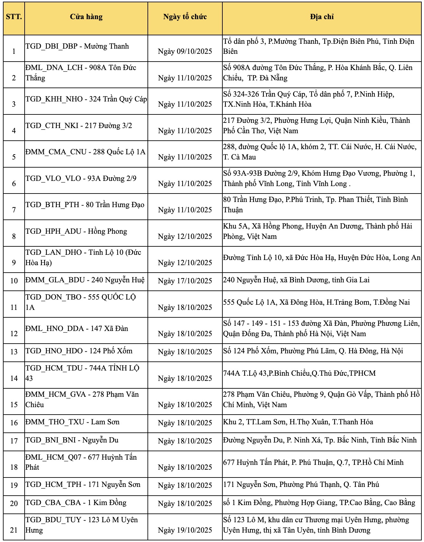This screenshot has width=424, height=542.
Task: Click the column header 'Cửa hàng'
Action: [86, 17]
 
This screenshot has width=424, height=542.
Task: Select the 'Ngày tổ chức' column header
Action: [185, 17]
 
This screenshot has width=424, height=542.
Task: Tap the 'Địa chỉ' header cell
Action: [322, 17]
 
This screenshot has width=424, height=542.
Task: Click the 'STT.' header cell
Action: [14, 17]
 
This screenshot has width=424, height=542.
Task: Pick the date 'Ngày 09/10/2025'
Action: [185, 51]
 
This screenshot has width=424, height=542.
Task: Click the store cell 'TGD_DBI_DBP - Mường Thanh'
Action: [77, 46]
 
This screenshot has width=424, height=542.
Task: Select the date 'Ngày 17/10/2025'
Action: [185, 281]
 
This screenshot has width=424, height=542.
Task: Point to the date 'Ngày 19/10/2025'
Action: [185, 530]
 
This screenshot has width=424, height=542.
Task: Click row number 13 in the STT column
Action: [14, 352]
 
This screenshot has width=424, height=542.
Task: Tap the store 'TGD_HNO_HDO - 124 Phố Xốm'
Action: [79, 351]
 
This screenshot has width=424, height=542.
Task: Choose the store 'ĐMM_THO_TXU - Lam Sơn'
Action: [73, 422]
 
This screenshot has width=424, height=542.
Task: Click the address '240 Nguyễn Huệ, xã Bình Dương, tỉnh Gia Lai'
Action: [296, 280]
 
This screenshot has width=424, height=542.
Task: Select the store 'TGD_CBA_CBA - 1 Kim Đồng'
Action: [76, 502]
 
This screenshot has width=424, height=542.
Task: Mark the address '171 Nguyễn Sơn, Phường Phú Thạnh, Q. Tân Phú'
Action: [301, 484]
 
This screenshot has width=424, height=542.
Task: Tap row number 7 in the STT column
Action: [14, 210]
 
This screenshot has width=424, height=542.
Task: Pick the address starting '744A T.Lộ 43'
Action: [299, 373]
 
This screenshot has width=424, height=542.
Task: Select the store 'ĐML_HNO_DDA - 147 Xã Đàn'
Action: [77, 328]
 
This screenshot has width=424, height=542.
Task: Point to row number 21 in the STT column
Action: [14, 530]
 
